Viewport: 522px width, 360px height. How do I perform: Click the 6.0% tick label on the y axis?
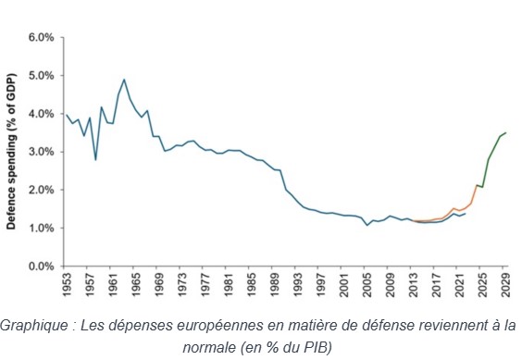tap(41, 38)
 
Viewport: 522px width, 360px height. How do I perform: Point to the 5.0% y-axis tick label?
tap(41, 76)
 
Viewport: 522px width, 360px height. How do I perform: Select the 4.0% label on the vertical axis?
tap(41, 114)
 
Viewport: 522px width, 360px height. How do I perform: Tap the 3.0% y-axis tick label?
tap(41, 152)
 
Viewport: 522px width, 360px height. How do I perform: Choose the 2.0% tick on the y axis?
tap(41, 190)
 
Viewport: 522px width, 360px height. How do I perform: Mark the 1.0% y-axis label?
tap(41, 228)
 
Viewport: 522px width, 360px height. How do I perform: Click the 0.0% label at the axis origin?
tap(41, 266)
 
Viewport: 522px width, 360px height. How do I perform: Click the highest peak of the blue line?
tap(124, 80)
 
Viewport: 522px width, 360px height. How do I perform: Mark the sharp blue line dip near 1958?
tap(95, 159)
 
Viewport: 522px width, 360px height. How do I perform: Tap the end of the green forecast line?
tap(505, 132)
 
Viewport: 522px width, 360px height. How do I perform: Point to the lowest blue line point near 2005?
tap(367, 225)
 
